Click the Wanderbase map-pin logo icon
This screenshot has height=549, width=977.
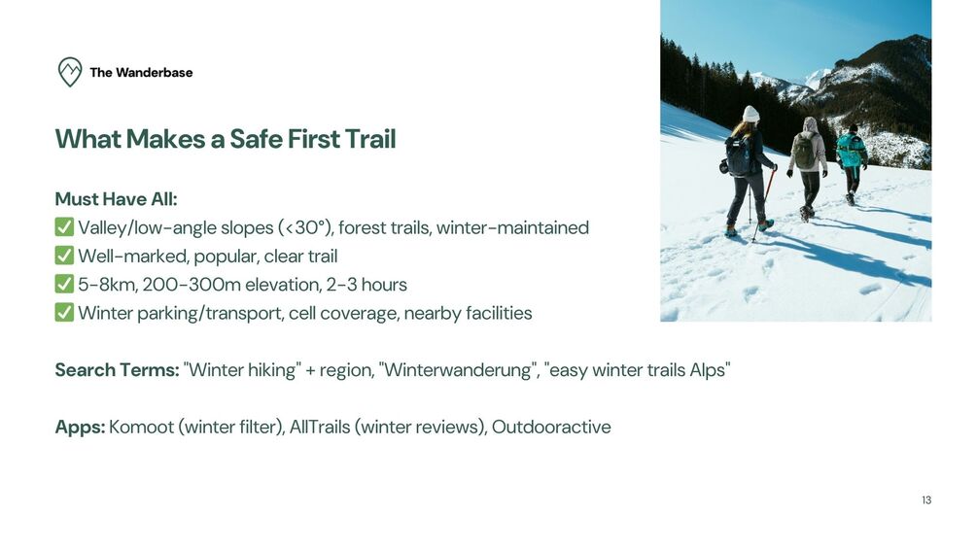coord(70,72)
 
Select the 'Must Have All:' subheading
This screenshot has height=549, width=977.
coord(116,199)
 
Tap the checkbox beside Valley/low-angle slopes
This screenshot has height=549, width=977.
coord(64,227)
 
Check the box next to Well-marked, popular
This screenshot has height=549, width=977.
coord(64,256)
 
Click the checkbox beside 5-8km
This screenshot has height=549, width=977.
coord(64,284)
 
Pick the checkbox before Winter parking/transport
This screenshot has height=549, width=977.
coord(64,312)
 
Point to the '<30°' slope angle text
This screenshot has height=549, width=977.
coord(306,227)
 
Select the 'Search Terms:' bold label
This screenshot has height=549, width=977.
coord(117,370)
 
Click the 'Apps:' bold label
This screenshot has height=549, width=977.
coord(81,427)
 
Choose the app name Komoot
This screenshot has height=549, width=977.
coord(141,427)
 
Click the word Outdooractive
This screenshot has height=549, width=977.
coord(551,427)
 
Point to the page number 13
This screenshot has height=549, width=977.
coord(926,499)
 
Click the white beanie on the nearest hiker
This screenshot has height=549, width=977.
coord(750,114)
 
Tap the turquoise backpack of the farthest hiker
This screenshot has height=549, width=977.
coord(849,150)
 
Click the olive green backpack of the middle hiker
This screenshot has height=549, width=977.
coord(805,152)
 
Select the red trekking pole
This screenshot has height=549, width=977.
coord(764,204)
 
